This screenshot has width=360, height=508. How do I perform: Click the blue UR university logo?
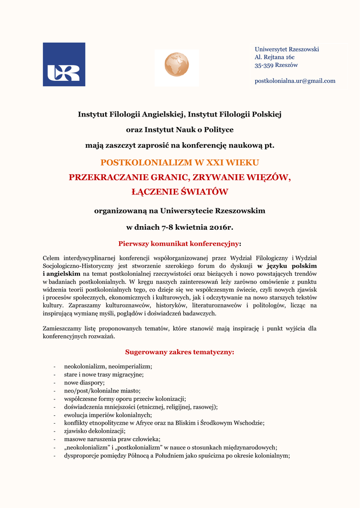coord(64,64)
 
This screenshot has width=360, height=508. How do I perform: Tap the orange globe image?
coord(177,64)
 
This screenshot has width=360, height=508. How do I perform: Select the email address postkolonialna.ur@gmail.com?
coord(295,81)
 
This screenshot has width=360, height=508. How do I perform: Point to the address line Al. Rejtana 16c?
coord(275,57)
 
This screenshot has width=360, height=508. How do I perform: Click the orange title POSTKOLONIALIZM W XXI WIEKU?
coord(180,162)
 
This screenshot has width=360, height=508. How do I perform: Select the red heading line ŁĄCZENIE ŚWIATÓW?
coord(180,191)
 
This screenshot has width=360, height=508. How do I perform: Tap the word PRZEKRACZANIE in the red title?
coord(101,177)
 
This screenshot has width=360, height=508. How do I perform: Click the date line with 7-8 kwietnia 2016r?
coord(180,227)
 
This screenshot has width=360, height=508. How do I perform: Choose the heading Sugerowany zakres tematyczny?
coord(179,352)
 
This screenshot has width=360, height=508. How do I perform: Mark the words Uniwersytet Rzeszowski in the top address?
coord(287,49)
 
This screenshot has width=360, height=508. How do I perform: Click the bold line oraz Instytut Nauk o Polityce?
coord(180,130)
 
